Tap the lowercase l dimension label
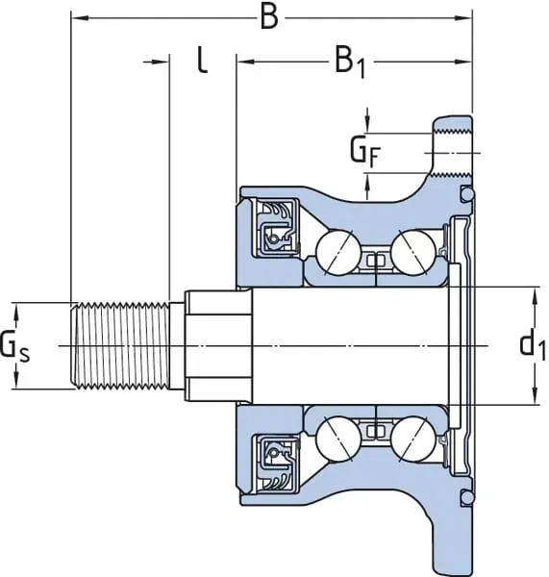(201, 61)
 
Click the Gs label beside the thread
(14, 343)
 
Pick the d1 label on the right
(531, 343)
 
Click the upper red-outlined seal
(274, 229)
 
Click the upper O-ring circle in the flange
(467, 195)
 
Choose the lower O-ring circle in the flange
(467, 497)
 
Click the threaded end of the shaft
(121, 344)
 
